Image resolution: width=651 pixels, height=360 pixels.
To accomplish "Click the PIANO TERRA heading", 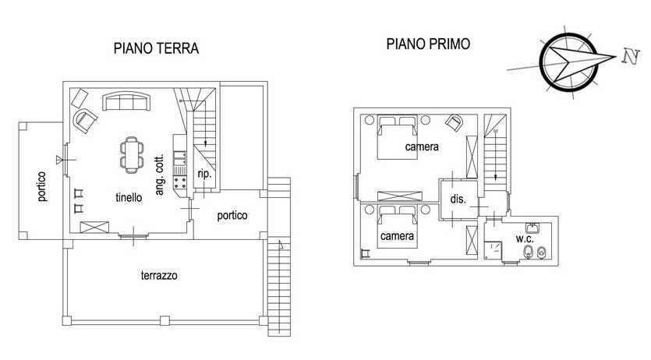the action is pos(156,48).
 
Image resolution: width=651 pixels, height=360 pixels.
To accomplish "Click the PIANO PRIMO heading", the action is pos(428,44).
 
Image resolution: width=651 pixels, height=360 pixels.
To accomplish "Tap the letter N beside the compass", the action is pos(630,56).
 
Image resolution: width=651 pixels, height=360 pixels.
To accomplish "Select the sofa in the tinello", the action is pos(126,101).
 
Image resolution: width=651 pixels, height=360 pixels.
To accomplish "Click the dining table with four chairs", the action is pos(132,155).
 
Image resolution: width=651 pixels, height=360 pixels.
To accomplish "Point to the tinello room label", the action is pos(129,197).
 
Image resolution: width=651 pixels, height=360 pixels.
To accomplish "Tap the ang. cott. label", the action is pos(159,175).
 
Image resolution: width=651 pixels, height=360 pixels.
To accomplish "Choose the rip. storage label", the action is pos(204,174).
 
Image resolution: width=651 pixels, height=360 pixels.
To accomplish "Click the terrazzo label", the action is pos(159,275).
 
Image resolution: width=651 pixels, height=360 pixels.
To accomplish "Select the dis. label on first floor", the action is pos(458,199).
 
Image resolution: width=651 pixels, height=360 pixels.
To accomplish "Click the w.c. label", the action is pos(525,239).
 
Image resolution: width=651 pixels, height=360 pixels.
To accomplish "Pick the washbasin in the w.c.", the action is pos(532,228).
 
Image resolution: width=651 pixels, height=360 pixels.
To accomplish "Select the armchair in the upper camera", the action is pos(455,123).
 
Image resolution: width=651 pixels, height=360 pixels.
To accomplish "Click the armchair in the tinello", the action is pos(85,121).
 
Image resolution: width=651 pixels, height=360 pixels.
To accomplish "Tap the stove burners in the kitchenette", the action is pos(180,182).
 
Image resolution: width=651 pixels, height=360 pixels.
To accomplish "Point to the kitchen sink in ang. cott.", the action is pos(180,158).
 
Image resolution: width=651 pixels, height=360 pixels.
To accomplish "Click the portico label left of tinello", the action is pos(41,187).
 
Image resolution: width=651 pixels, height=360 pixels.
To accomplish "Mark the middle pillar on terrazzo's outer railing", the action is pos(165,320).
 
